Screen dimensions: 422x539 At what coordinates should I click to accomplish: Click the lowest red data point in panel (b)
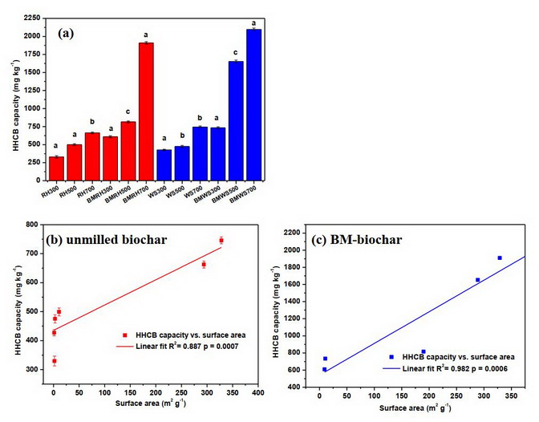coord(54,361)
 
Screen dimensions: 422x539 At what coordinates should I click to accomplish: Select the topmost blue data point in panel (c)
coord(500,258)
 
